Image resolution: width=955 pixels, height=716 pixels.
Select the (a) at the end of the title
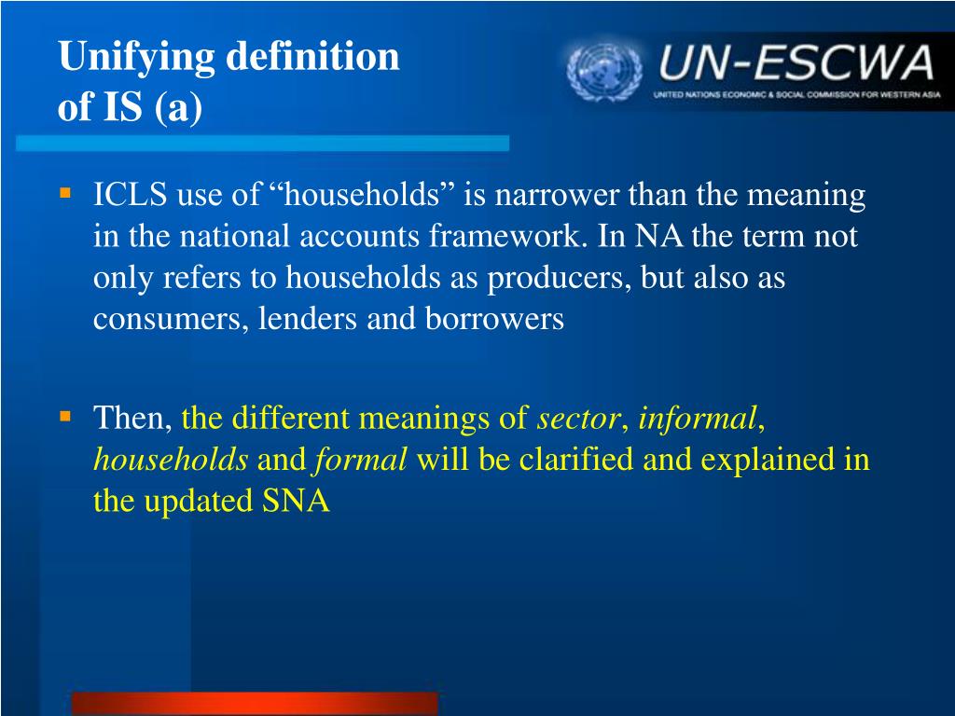point(178,108)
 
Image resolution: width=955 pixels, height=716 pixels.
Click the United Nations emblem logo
point(604,71)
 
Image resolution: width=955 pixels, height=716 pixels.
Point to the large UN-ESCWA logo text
point(796,62)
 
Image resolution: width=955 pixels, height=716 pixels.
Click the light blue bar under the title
point(262,143)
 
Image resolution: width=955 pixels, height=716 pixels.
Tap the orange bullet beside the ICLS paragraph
point(65,194)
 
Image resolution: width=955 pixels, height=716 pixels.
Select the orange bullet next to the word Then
point(65,417)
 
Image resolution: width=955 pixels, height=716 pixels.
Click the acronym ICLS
point(130,194)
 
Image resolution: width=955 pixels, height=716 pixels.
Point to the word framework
point(505,236)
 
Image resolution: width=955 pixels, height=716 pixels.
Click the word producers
point(559,279)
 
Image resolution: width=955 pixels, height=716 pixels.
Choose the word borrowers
point(494,319)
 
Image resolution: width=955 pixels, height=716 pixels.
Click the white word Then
point(132,419)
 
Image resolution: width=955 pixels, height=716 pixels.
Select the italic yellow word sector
point(577,419)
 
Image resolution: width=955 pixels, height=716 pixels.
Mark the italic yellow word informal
point(698,418)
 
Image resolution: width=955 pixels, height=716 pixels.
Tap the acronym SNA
point(296,501)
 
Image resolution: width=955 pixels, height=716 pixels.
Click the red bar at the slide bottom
point(255,703)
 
